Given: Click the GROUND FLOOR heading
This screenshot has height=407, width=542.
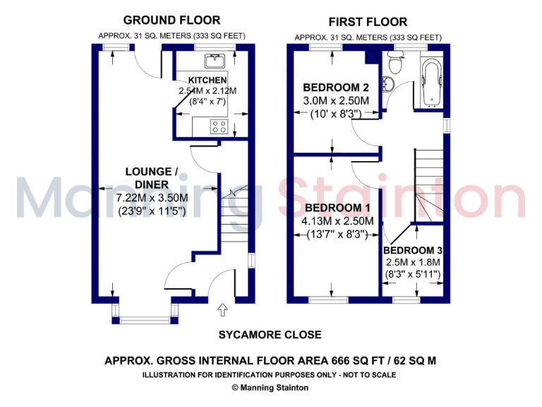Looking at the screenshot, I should pyautogui.click(x=171, y=20).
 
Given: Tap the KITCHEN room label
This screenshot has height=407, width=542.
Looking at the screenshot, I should pyautogui.click(x=207, y=80).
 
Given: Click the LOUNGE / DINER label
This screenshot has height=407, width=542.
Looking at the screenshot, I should pyautogui.click(x=148, y=177).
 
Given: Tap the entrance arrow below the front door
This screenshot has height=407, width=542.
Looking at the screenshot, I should pyautogui.click(x=223, y=308).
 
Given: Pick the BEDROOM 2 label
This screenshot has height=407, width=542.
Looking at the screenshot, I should pyautogui.click(x=336, y=88).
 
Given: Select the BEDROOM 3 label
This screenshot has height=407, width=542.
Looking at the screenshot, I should pyautogui.click(x=413, y=251).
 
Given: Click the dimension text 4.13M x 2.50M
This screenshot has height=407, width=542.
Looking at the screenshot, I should pyautogui.click(x=337, y=221).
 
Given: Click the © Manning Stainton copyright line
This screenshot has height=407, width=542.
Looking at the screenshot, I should pyautogui.click(x=270, y=387).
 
